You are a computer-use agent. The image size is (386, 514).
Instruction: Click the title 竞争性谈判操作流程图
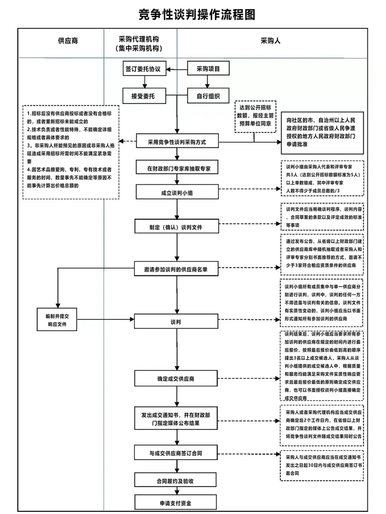[197, 15]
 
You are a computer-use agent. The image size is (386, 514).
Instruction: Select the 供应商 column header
[68, 41]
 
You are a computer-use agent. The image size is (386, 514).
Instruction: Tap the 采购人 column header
[271, 41]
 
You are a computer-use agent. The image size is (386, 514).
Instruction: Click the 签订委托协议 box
[143, 69]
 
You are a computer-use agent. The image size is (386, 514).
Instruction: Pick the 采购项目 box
[208, 69]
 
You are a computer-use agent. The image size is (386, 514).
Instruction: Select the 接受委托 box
[143, 96]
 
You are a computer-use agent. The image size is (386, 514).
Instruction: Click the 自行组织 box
[208, 96]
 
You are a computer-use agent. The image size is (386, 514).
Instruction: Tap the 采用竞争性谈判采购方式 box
[177, 142]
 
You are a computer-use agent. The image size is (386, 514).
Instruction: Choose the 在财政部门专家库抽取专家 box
[177, 168]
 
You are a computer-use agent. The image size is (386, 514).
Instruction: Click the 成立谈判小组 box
[177, 193]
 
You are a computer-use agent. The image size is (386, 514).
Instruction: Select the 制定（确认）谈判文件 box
[176, 227]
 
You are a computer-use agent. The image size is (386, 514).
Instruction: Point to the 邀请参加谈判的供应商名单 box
[176, 269]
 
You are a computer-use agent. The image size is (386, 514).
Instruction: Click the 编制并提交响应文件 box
[57, 320]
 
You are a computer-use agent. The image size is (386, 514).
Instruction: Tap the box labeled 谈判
[176, 322]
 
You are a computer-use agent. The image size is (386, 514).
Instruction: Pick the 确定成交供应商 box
[176, 379]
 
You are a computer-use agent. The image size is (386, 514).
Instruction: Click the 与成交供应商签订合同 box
[176, 453]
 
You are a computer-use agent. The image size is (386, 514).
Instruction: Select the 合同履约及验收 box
[175, 481]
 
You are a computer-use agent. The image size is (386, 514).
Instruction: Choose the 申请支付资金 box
[175, 503]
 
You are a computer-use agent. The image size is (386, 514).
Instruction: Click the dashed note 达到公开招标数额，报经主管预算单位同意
[255, 115]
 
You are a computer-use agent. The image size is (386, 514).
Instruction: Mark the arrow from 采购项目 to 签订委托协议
[177, 69]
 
